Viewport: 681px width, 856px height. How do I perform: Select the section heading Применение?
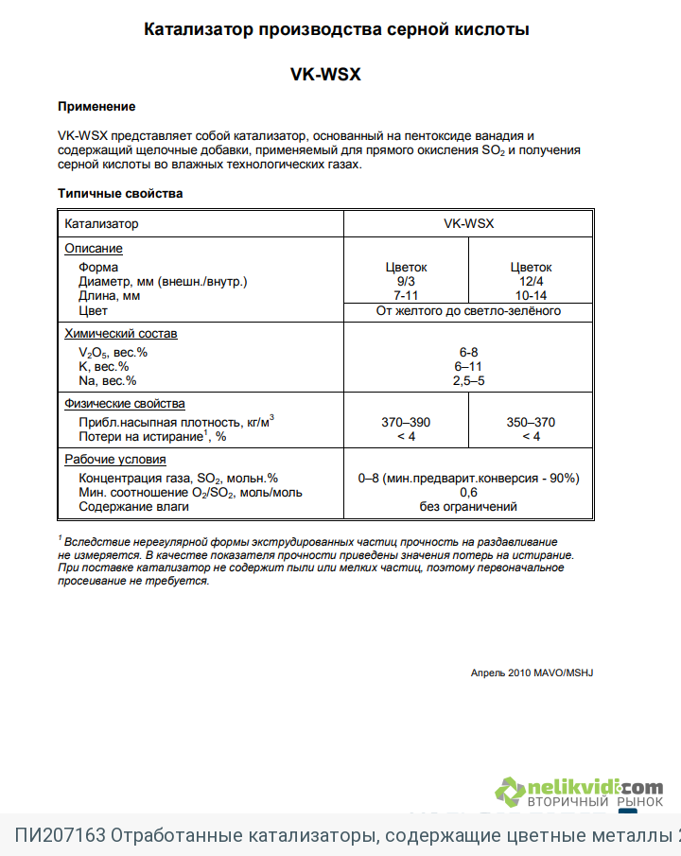[x=96, y=107]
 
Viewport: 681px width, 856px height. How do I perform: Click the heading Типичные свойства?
[x=120, y=194]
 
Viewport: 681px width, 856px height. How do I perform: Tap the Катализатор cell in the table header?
[x=101, y=224]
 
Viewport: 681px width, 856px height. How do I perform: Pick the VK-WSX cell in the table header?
[x=468, y=224]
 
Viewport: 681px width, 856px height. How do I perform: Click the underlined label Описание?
[x=94, y=249]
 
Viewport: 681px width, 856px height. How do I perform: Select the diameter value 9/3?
[x=406, y=282]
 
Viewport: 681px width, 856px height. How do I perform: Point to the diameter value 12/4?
[x=531, y=282]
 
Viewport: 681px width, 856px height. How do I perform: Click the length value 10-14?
[x=531, y=296]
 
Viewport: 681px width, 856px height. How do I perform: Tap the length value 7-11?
[x=406, y=296]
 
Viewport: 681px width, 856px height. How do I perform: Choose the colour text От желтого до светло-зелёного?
[x=468, y=310]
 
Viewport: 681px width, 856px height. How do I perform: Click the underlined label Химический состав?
[x=120, y=334]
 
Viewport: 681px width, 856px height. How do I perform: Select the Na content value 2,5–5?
[x=468, y=380]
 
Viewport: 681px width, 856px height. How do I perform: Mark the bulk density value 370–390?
[x=406, y=422]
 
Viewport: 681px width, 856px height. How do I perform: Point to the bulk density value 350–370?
[x=531, y=422]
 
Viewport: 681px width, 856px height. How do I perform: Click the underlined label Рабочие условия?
[x=115, y=460]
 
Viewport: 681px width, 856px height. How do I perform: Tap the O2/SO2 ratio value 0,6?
[x=468, y=493]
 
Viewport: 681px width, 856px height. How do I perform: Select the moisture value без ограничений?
[x=468, y=507]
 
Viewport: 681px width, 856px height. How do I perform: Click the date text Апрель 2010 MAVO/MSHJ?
[x=532, y=673]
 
